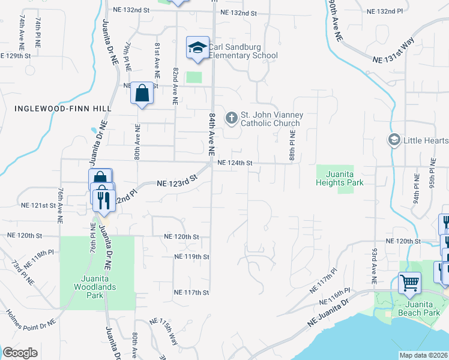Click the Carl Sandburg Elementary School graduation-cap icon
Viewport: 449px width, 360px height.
pos(197,48)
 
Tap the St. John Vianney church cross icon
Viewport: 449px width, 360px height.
pos(231,118)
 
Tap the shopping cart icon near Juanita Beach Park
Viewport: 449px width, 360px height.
pos(409,282)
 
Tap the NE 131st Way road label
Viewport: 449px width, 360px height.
pos(393,52)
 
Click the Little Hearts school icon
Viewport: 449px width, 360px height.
pos(394,140)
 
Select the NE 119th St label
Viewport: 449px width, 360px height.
pos(191,257)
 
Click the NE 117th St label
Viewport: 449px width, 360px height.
pos(191,292)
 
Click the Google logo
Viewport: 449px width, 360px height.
pos(20,353)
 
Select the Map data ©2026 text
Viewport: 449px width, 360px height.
pos(423,355)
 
